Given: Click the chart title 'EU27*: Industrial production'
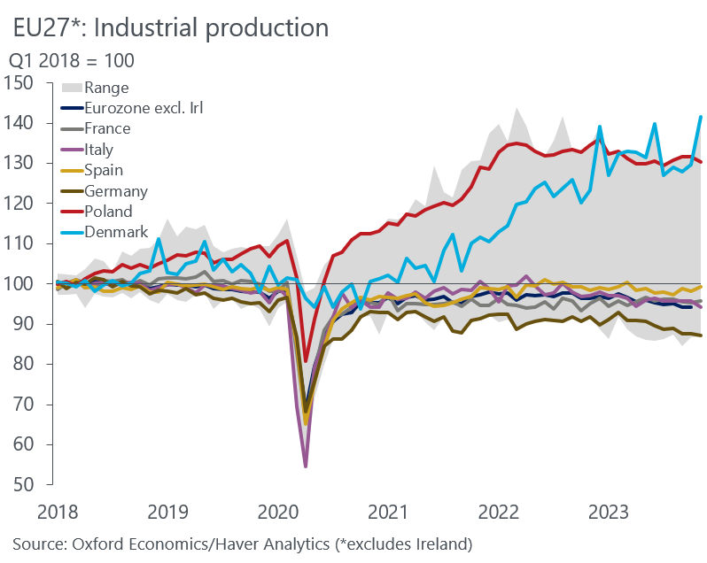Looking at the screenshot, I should (171, 27).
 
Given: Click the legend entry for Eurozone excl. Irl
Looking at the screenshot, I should (140, 109).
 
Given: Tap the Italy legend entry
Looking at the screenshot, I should (98, 150).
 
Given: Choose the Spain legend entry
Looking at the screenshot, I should (104, 170).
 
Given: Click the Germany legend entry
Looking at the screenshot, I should (115, 190).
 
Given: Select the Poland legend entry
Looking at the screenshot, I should (108, 212).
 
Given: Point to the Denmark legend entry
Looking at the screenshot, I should (115, 232).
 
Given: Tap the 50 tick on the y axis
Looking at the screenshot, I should (24, 485).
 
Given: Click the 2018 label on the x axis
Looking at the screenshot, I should (55, 512).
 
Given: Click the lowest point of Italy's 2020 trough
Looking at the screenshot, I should (306, 466).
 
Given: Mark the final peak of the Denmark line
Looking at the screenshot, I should (701, 117).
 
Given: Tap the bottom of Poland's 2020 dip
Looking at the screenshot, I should (306, 361).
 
